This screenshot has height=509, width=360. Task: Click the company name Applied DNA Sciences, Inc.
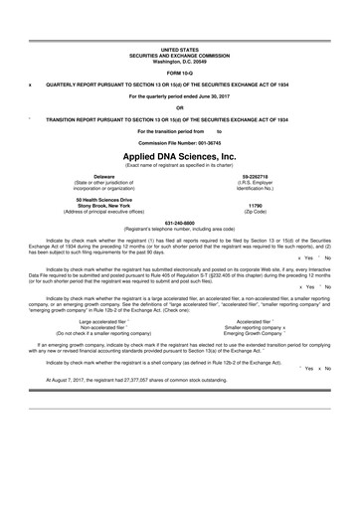(x=180, y=156)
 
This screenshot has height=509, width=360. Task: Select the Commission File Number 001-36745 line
(x=180, y=143)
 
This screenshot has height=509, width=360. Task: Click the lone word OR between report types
(x=180, y=108)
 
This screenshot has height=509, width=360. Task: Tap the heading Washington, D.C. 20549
(x=180, y=62)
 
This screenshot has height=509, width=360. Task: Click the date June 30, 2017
(x=219, y=96)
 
